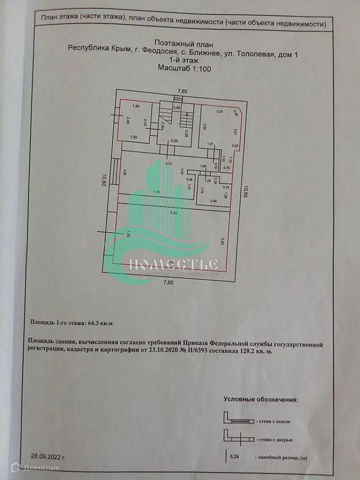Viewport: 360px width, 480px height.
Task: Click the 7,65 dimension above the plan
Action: [x=176, y=91]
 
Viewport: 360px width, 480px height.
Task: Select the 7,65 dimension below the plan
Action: [x=168, y=282]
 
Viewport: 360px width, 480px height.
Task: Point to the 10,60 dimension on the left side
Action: [x=104, y=180]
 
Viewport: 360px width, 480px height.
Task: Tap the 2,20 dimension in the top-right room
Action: [x=219, y=112]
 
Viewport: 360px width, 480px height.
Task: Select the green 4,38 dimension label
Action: [x=157, y=191]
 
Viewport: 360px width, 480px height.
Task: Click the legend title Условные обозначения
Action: [x=260, y=400]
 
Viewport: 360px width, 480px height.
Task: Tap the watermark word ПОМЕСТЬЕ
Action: [x=173, y=264]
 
